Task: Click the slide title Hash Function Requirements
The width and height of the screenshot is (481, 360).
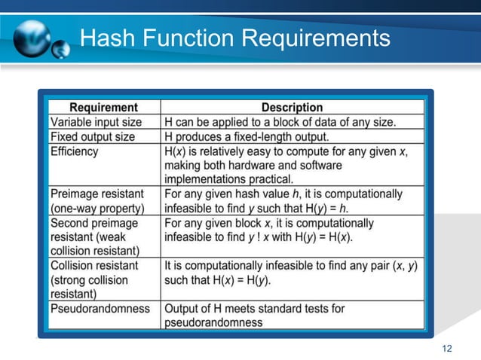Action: [235, 37]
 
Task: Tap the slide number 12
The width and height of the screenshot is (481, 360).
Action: [447, 347]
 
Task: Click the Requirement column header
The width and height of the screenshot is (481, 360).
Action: [103, 108]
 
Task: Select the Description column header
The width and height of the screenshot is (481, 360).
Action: [292, 108]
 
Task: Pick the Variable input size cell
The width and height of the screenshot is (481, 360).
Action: [96, 122]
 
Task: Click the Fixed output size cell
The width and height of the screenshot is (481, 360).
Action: [93, 137]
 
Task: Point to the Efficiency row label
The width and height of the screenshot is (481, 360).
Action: [74, 151]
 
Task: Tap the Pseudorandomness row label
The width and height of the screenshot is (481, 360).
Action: [100, 309]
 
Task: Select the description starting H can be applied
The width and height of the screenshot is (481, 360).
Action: [290, 122]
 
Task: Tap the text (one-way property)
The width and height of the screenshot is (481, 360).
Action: [96, 209]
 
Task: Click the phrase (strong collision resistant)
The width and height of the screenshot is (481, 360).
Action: [89, 287]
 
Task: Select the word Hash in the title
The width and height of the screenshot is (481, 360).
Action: [107, 37]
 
